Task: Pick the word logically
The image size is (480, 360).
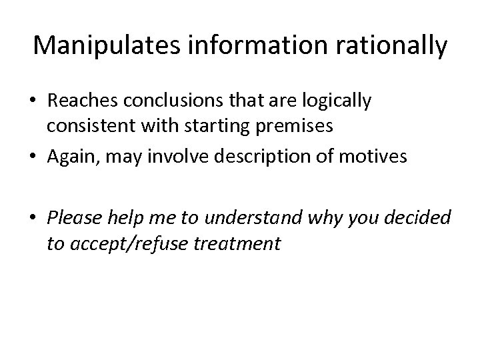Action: click(x=339, y=102)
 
